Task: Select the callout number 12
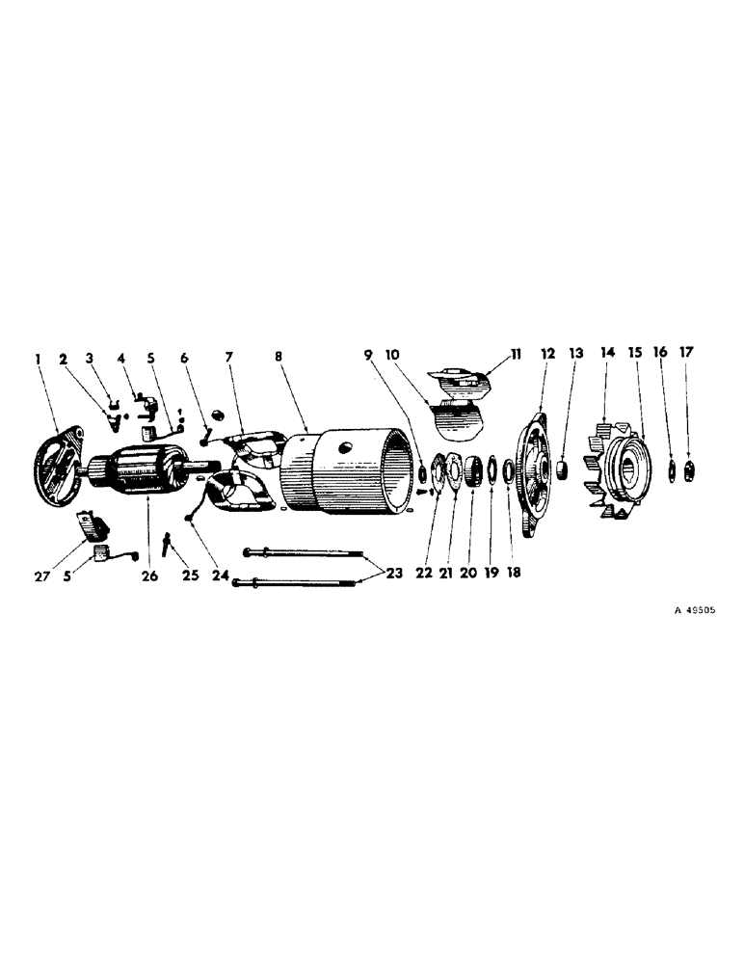(548, 355)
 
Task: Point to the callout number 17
(687, 355)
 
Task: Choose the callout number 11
(515, 355)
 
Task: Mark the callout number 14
(608, 355)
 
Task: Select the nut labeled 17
(688, 471)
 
